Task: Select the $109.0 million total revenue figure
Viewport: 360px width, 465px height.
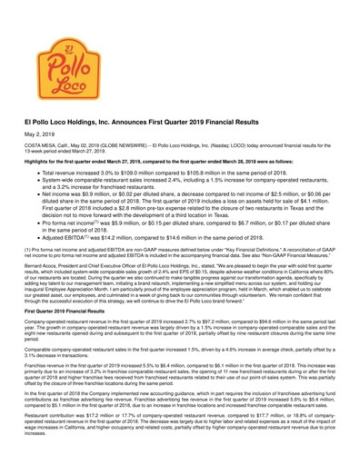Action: click(x=140, y=173)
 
